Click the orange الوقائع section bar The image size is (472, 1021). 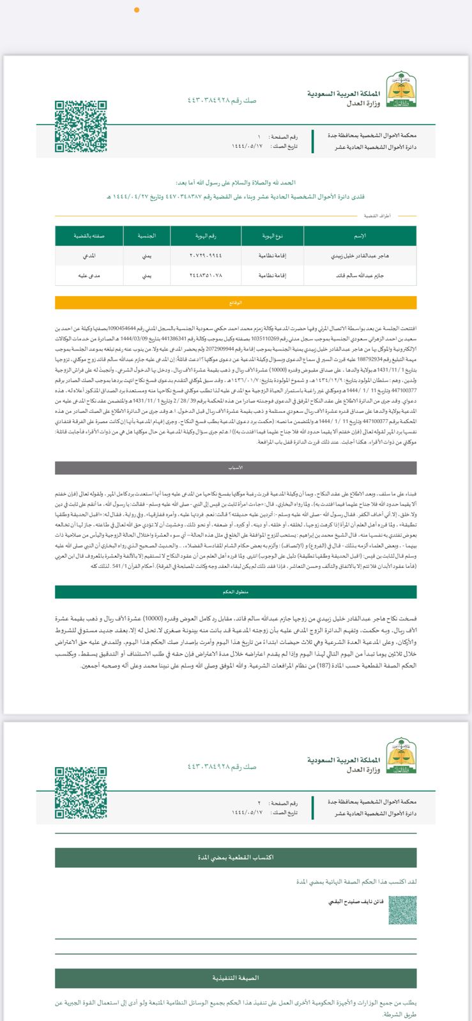[x=236, y=302]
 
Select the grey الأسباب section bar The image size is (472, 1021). [x=236, y=467]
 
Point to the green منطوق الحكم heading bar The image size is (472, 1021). [x=236, y=592]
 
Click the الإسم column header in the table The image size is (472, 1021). [x=360, y=236]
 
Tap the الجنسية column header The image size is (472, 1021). [x=147, y=236]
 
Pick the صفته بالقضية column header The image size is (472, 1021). [x=89, y=236]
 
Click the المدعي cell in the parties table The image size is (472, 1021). [x=89, y=255]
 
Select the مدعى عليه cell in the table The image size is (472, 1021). [x=89, y=276]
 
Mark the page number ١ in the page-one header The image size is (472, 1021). [x=259, y=137]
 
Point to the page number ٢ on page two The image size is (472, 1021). [x=259, y=803]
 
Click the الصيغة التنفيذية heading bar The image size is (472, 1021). [x=236, y=978]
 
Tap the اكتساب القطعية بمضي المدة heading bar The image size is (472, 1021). [x=236, y=858]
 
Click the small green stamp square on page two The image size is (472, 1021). [x=402, y=909]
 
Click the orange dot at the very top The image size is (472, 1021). [x=137, y=10]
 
